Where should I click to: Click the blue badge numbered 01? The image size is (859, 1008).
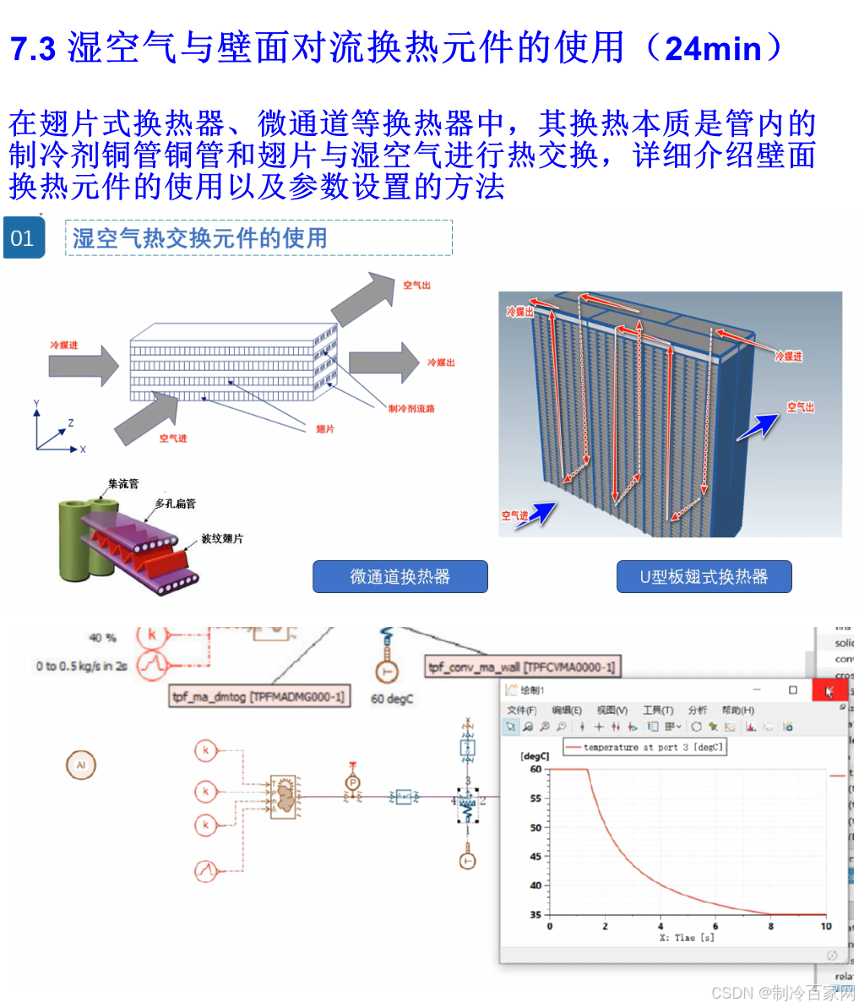pos(23,238)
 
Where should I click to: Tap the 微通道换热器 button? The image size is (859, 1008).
pos(400,577)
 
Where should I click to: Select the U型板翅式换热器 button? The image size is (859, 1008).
pos(704,577)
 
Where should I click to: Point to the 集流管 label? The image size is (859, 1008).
pos(123,484)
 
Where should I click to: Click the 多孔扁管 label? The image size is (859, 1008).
pos(176,504)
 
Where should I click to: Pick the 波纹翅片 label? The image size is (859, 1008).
pos(222,539)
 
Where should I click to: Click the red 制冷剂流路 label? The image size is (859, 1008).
pos(411,408)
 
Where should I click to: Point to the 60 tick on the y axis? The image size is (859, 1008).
pos(536,770)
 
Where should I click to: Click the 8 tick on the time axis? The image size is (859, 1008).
pos(770,926)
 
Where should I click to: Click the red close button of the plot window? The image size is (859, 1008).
pos(829,690)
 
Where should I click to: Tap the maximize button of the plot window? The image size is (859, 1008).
pos(792,690)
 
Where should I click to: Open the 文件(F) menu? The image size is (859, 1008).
pos(521,710)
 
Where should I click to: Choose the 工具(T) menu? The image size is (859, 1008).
pos(658,710)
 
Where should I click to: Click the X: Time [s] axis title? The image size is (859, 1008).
pos(686,938)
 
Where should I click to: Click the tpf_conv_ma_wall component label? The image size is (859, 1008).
pos(522,667)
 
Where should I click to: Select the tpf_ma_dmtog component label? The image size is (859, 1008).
pos(259,696)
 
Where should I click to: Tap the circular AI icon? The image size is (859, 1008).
pos(81,766)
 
